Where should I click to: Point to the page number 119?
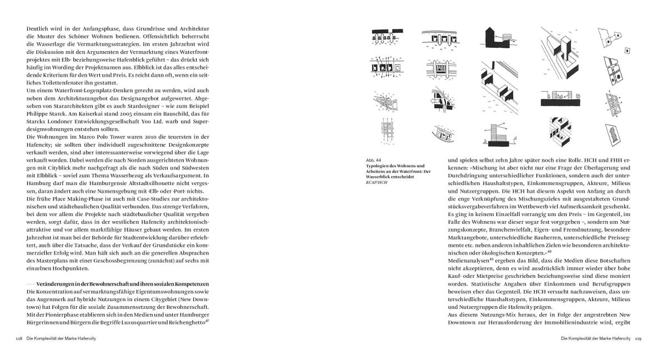tap(638, 338)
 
